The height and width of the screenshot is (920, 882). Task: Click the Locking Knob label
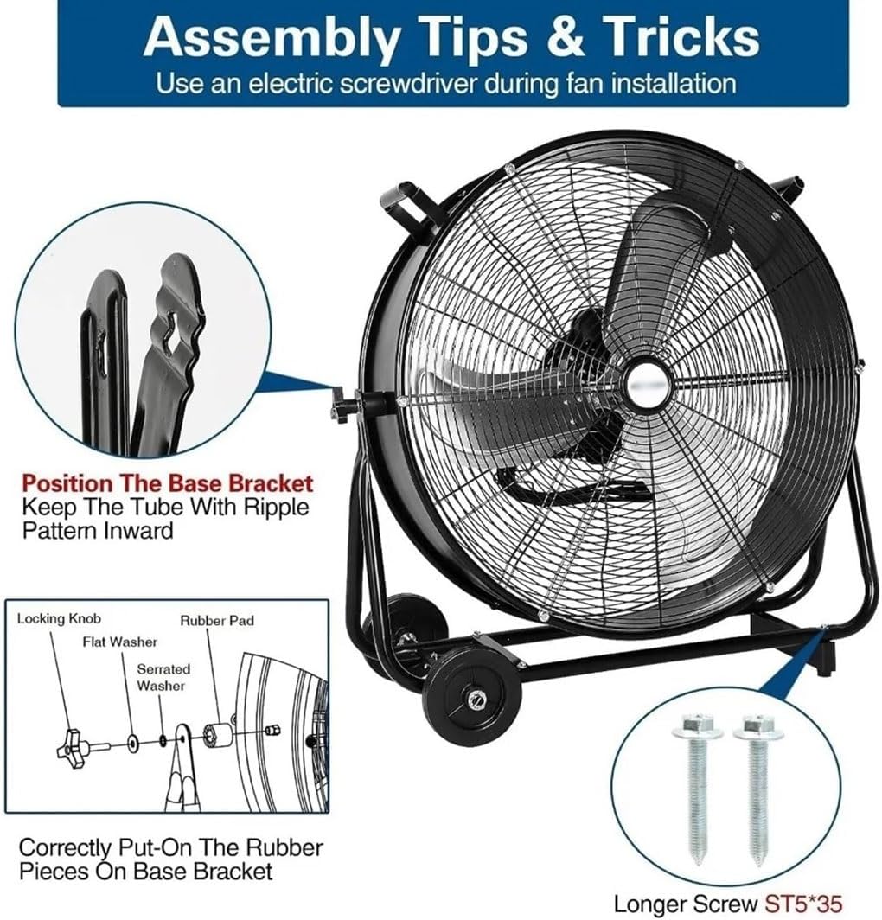click(59, 618)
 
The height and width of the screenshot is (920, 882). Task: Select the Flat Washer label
click(121, 642)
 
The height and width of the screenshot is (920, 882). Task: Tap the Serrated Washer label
click(163, 677)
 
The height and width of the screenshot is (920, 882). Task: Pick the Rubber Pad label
click(217, 620)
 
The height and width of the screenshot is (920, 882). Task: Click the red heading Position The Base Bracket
click(167, 483)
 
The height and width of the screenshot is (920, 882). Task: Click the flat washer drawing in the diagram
click(132, 742)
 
